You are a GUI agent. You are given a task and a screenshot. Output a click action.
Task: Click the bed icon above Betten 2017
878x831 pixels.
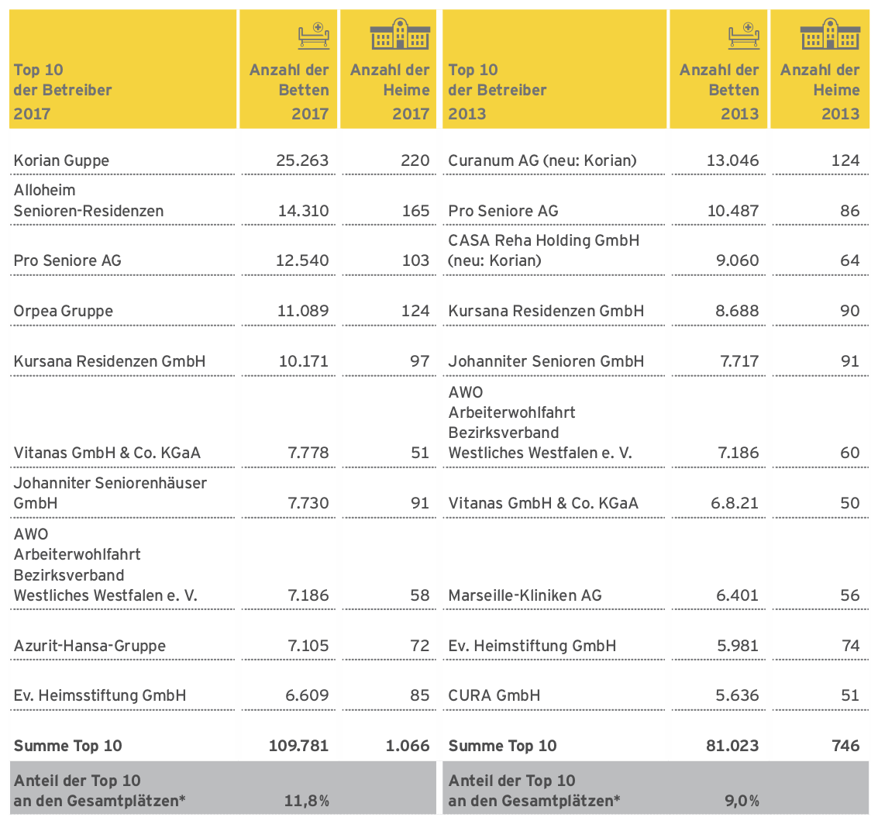(x=314, y=36)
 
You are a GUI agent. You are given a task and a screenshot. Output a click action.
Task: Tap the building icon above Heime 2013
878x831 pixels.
(x=830, y=33)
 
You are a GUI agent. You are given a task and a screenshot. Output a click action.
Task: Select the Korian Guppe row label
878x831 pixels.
(x=61, y=160)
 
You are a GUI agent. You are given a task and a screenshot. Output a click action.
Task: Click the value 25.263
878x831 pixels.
(x=302, y=160)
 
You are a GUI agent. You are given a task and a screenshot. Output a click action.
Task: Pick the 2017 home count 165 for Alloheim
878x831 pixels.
(x=415, y=211)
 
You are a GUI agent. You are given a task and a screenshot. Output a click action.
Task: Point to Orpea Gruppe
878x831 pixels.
(x=64, y=312)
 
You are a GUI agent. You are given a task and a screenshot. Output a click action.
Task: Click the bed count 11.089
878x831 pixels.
(x=303, y=311)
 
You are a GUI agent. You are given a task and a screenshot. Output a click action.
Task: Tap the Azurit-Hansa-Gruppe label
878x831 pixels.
(x=90, y=646)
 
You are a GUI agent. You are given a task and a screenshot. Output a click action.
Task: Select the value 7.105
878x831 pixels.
(x=308, y=646)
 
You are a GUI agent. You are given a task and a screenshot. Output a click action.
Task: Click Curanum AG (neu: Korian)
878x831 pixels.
(x=542, y=160)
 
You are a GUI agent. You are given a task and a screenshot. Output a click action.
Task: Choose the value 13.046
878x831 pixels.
(x=732, y=160)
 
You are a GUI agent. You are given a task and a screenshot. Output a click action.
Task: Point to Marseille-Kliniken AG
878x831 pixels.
(x=525, y=595)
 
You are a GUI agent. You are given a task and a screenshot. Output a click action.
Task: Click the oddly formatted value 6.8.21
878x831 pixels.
(x=735, y=503)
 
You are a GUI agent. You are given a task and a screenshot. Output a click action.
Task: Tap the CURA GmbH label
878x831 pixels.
(x=494, y=695)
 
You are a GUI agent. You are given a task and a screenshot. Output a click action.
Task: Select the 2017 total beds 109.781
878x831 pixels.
(x=298, y=746)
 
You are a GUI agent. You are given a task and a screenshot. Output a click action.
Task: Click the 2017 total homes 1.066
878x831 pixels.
(x=408, y=746)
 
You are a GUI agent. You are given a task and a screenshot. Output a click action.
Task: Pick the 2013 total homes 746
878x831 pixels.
(x=845, y=746)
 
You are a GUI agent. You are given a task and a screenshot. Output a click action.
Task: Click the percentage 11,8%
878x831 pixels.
(x=307, y=802)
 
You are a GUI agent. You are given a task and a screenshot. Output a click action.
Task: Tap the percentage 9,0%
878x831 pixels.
(x=742, y=802)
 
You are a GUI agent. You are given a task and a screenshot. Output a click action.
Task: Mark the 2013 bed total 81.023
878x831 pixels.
(x=732, y=746)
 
